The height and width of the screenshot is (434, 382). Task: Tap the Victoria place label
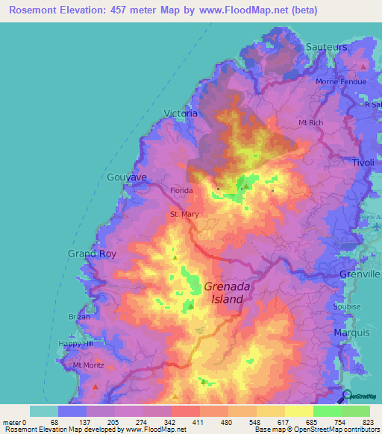[x=181, y=113]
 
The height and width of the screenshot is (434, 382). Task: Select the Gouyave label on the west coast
[x=127, y=177]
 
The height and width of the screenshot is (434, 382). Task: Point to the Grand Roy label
[x=93, y=254]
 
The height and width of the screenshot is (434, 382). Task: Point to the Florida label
[x=181, y=191]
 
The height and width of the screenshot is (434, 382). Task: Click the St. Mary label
[x=184, y=216]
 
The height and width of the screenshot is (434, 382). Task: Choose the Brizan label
[x=80, y=317]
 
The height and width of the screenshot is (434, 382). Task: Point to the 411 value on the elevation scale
[x=198, y=421]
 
